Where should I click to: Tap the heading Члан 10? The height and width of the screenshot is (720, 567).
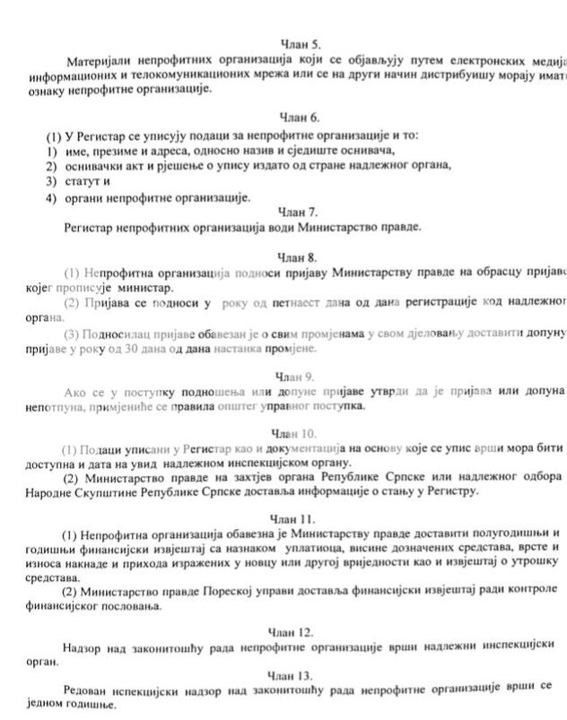(x=292, y=433)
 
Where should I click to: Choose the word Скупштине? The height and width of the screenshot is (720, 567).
(x=112, y=494)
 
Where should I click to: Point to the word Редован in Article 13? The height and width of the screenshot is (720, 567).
(x=88, y=690)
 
